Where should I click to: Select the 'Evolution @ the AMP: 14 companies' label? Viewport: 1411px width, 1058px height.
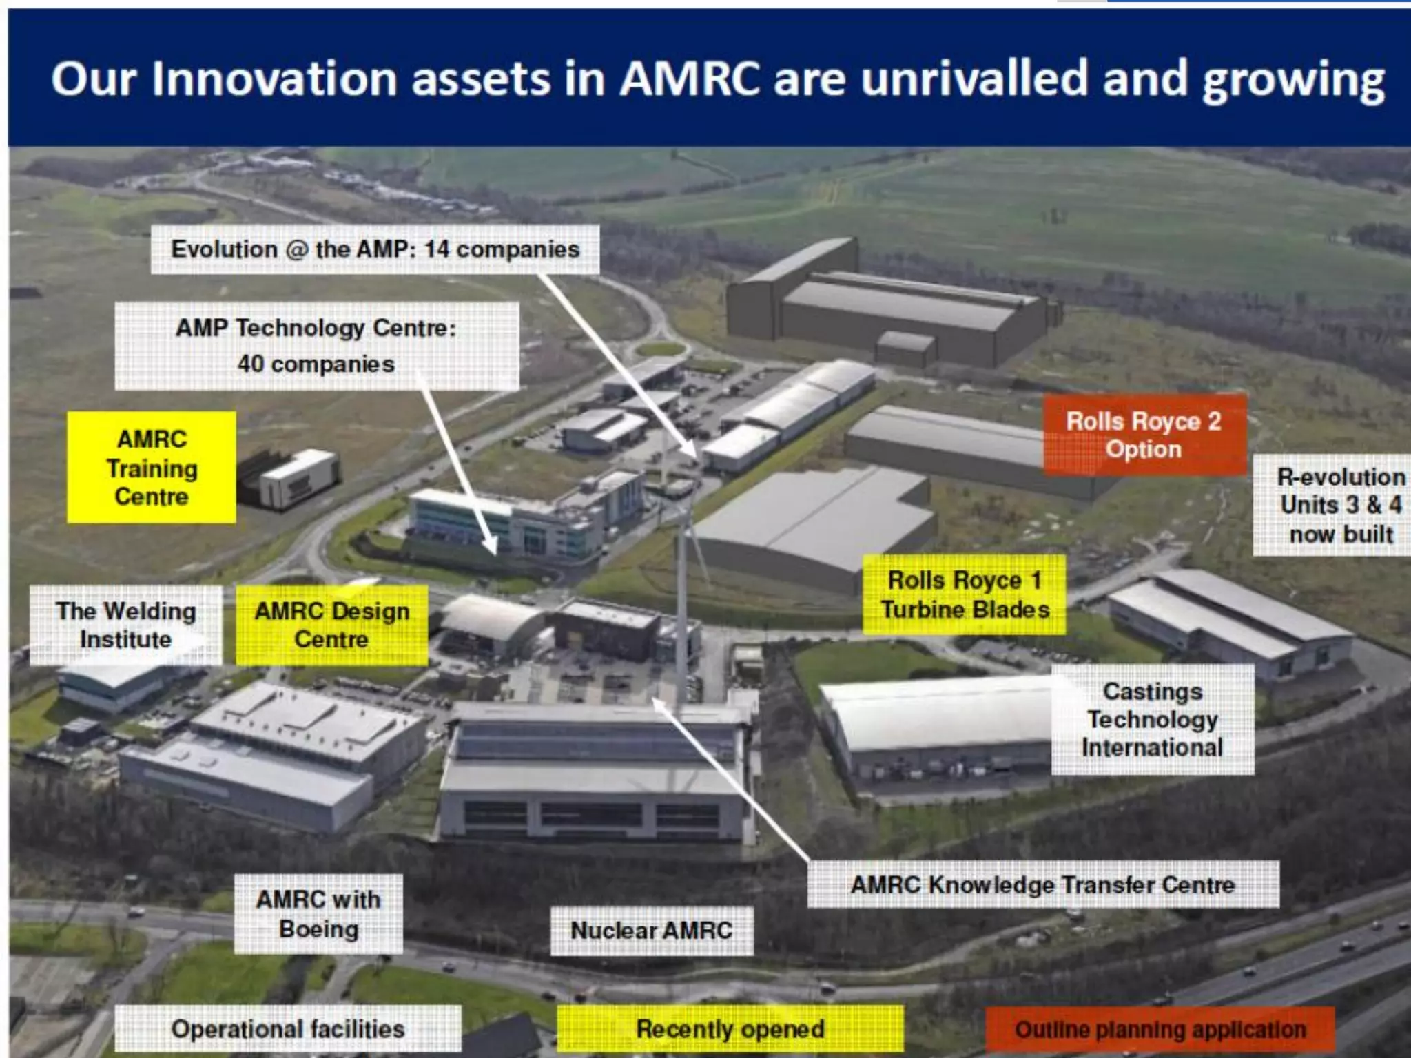[375, 249]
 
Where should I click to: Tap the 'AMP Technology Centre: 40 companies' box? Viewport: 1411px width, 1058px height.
[316, 346]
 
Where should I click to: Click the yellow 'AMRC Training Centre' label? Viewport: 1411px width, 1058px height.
[152, 468]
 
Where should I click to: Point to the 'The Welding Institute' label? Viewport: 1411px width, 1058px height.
[126, 625]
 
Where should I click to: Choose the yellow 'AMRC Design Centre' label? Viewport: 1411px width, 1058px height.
[331, 625]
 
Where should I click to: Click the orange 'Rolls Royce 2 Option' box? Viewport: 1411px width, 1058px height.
[1144, 435]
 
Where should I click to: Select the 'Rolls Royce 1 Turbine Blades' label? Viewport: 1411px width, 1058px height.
[964, 594]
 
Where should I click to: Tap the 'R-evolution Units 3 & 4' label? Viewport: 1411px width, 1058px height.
[1340, 505]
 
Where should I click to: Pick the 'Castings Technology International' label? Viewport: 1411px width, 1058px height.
[1152, 719]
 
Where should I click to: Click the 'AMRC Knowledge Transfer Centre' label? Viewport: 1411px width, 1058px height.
[1042, 884]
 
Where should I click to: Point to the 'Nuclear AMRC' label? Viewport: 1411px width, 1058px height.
[651, 931]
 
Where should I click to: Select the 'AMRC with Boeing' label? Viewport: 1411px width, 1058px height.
[318, 914]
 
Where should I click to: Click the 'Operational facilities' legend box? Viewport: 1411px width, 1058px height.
[287, 1029]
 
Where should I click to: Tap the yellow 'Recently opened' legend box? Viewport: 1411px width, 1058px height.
[730, 1029]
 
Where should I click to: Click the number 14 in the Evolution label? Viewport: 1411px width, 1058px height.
[436, 249]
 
